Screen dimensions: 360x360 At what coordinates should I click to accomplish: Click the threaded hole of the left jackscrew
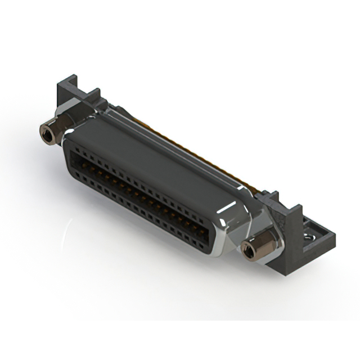coord(46,133)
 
